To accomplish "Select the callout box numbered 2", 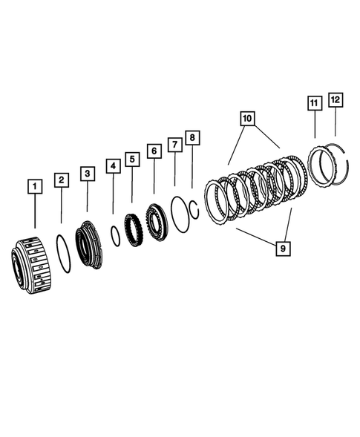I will (x=62, y=180).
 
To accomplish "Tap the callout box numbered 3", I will (x=88, y=174).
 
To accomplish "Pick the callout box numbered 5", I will (x=132, y=159).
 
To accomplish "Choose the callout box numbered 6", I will (x=154, y=151).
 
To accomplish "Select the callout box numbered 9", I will (x=281, y=249).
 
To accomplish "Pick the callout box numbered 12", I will (x=336, y=99).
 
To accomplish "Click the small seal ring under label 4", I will (x=115, y=235).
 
